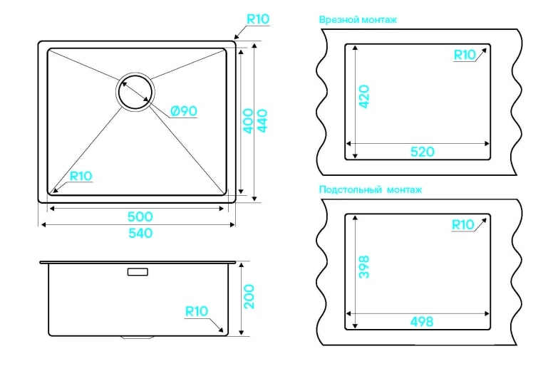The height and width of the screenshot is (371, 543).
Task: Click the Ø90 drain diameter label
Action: tap(184, 111)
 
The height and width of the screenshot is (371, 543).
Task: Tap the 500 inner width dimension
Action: tap(140, 216)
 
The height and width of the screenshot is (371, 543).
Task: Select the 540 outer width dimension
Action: tap(140, 233)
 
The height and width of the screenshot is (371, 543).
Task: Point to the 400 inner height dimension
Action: tap(248, 121)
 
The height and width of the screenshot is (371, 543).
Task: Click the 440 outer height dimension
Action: tap(262, 121)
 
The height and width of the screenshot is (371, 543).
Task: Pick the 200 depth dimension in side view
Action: tap(249, 297)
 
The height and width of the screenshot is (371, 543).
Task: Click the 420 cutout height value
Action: tap(364, 97)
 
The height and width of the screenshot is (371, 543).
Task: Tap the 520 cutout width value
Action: tap(422, 152)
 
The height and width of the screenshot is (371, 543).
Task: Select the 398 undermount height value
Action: tap(364, 267)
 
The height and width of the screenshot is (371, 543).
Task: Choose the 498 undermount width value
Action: tap(422, 322)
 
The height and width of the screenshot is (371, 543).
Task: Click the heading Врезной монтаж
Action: tap(358, 20)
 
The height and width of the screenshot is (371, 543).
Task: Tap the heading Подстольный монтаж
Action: tap(371, 189)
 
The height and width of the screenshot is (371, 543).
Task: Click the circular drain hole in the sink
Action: tap(135, 92)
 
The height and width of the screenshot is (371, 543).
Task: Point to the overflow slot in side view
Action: tap(138, 272)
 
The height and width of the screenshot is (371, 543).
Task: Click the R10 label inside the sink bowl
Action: tap(81, 176)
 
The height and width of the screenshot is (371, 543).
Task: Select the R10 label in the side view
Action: tap(197, 311)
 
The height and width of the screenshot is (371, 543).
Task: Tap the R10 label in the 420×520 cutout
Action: tap(465, 55)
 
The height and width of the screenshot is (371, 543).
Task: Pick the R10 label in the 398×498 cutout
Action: tap(463, 225)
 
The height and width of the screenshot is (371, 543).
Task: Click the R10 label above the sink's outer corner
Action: tap(258, 19)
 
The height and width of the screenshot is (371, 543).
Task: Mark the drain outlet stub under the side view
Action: tap(138, 337)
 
